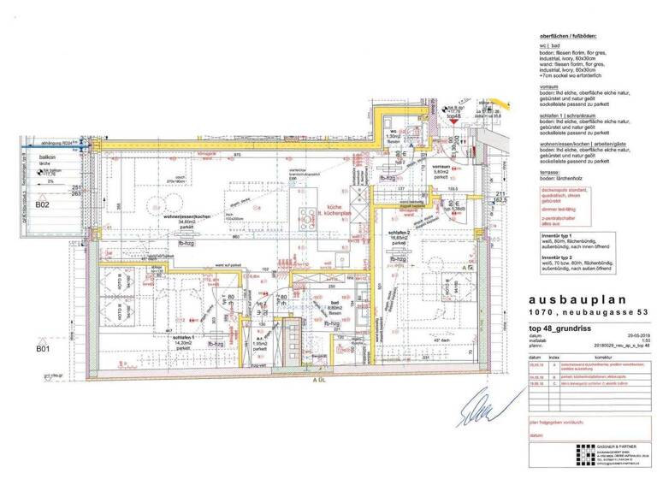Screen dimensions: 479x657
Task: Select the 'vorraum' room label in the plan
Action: click(x=441, y=167)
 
